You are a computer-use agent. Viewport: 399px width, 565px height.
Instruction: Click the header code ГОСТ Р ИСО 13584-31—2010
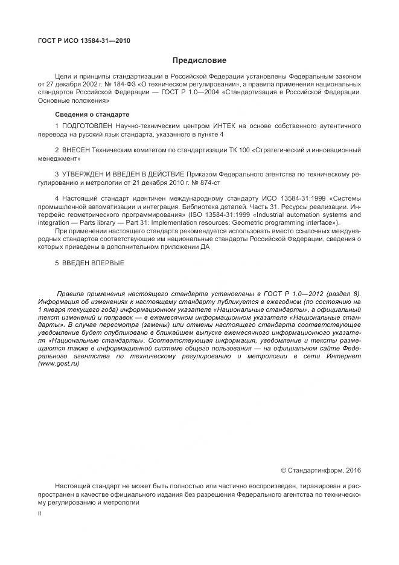pyautogui.click(x=84, y=41)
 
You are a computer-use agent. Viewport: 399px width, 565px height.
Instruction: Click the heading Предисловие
pyautogui.click(x=199, y=60)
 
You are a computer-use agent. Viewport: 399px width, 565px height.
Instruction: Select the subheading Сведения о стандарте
pyautogui.click(x=91, y=114)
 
